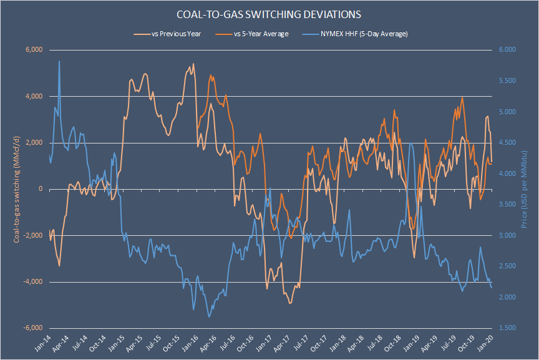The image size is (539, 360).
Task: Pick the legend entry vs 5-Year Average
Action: pos(261,34)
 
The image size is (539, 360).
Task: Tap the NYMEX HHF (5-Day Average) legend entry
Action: pos(363,34)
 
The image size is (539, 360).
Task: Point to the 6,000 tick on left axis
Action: pos(32,50)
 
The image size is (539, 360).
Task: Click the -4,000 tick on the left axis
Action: pos(31,282)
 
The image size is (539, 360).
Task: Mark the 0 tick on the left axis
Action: pos(39,189)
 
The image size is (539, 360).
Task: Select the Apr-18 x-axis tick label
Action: pos(353,344)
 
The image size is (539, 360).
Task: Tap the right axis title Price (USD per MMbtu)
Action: pos(526,189)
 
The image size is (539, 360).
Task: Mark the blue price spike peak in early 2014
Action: pos(59,61)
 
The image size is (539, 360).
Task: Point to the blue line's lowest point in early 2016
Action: pos(209,317)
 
